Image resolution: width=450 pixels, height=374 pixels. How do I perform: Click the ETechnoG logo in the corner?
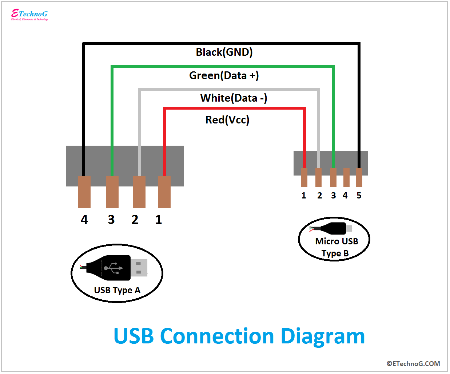click(x=29, y=15)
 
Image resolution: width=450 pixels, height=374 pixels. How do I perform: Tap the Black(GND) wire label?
click(x=224, y=52)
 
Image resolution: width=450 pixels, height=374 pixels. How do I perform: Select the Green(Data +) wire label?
click(x=224, y=75)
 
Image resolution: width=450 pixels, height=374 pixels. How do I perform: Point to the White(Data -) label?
click(x=234, y=98)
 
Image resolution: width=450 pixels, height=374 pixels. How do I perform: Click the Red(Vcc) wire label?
click(x=227, y=120)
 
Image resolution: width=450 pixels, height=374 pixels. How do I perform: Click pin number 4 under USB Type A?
click(x=84, y=220)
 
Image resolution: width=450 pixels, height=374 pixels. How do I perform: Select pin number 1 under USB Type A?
click(x=159, y=220)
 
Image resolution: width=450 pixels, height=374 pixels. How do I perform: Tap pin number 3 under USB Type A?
click(x=111, y=220)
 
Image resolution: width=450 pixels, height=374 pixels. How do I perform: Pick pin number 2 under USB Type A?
click(x=135, y=220)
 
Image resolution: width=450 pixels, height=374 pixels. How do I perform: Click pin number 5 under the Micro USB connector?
click(x=359, y=196)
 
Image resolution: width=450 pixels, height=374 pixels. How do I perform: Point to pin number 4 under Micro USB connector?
click(x=345, y=196)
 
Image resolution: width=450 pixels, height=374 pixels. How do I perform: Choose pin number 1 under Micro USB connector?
click(x=304, y=196)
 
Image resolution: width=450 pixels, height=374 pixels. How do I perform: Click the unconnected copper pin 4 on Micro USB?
click(x=346, y=177)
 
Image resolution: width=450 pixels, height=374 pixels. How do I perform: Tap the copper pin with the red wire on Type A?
click(x=164, y=192)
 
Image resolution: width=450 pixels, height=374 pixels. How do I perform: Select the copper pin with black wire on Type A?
click(x=84, y=192)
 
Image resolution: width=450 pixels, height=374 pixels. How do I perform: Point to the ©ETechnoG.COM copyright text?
click(x=413, y=363)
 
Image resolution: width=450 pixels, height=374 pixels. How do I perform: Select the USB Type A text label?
click(x=117, y=290)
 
